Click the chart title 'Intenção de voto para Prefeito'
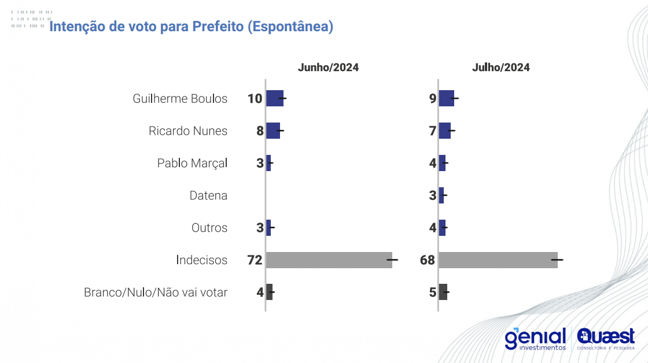pos(192,27)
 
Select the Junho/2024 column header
pos(328,68)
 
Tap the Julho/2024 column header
pos(500,68)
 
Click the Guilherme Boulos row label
pos(180,98)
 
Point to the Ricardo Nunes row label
pos(188,131)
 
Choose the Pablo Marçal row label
pos(192,163)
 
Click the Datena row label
pos(208,195)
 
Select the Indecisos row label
pos(201,260)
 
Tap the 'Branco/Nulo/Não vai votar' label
pos(156,292)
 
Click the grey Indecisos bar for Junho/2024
pos(329,260)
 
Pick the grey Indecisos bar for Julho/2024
pos(498,260)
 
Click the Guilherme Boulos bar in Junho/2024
pos(275,98)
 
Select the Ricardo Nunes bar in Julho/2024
pos(445,131)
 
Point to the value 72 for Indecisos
pos(255,260)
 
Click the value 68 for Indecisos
pos(428,260)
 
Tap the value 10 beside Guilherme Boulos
pos(255,98)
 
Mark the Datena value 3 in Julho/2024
pos(433,195)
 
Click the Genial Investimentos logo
pos(535,339)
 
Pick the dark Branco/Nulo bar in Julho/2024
pos(443,292)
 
